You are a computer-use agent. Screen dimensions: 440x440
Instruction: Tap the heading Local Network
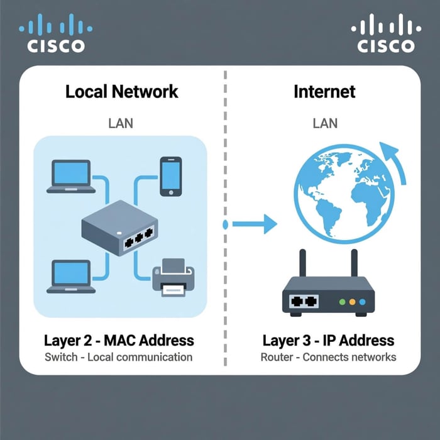pos(122,92)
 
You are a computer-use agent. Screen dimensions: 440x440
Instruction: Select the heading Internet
pos(324,92)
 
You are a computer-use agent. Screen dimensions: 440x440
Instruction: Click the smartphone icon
pos(170,176)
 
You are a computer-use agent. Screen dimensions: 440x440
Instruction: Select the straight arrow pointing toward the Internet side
pos(255,224)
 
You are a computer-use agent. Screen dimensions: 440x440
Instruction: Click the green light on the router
pos(342,302)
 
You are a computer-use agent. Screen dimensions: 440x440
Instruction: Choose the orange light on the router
pos(353,302)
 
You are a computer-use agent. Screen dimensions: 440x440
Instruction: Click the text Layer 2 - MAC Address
pos(119,341)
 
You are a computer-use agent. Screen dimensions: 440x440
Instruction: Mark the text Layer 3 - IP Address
pos(328,341)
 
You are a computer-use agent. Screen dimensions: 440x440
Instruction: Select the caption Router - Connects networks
pos(328,357)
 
